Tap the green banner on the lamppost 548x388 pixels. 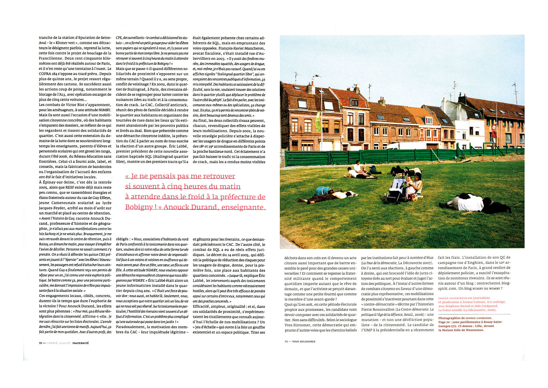[318, 121]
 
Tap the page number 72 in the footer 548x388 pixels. [40, 343]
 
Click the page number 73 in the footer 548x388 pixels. [286, 341]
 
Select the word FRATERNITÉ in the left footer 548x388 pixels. [81, 343]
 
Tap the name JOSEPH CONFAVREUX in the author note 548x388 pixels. [453, 298]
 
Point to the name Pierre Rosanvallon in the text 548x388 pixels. [378, 309]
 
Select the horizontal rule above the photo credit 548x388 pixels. [474, 314]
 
